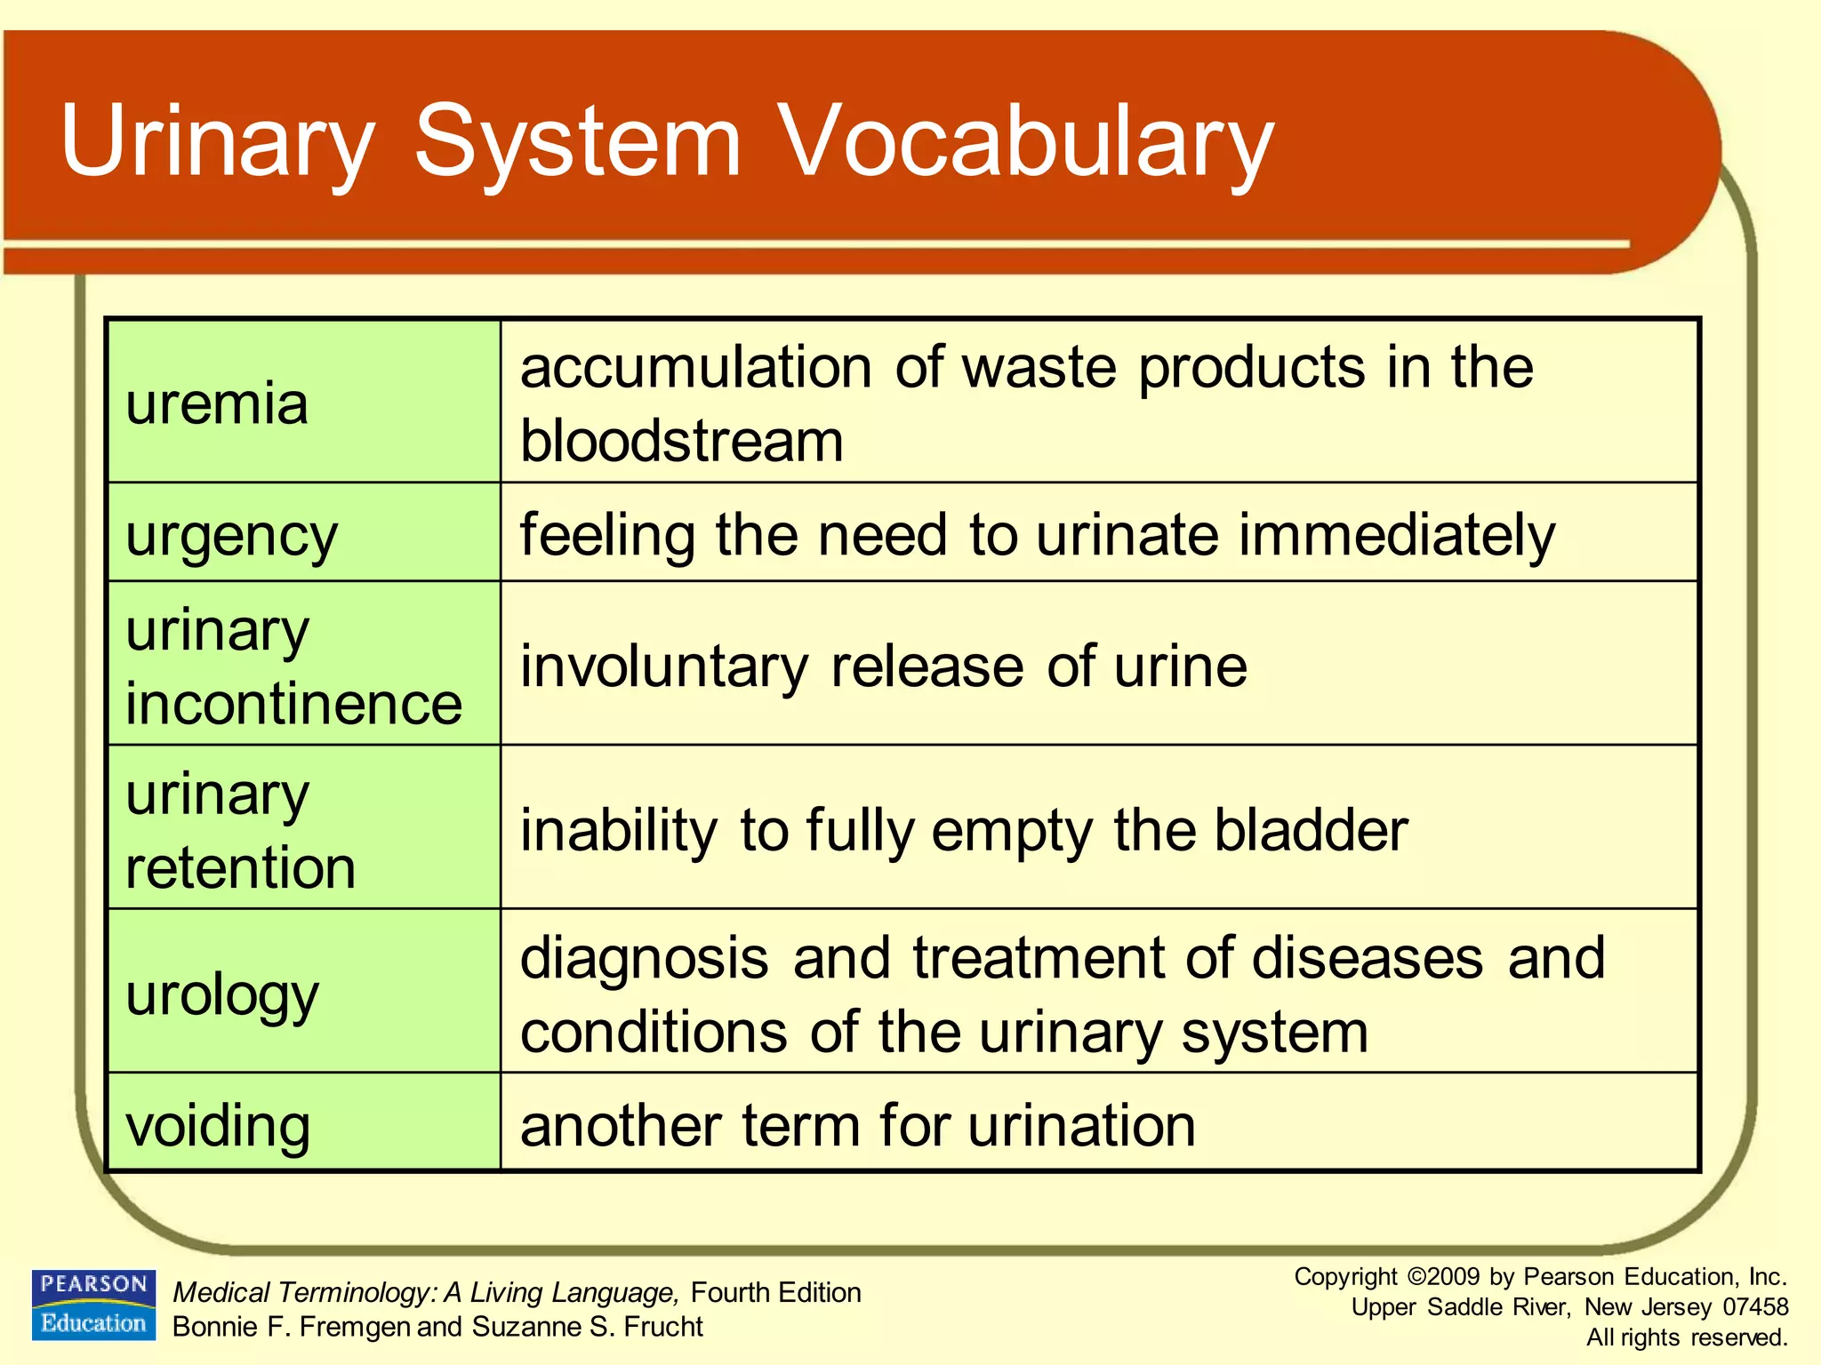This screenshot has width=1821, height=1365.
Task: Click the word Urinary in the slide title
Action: tap(217, 142)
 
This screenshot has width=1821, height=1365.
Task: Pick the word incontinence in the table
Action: tap(293, 704)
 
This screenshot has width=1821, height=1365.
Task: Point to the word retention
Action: tap(240, 868)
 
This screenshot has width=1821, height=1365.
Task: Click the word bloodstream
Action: tap(681, 441)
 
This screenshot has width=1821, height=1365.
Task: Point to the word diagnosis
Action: tap(644, 958)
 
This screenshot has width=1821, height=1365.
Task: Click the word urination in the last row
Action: tap(1081, 1126)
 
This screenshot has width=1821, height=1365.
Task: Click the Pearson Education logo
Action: tap(94, 1305)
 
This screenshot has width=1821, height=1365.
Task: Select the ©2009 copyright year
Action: tap(1444, 1277)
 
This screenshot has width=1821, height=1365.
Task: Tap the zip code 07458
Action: tap(1755, 1307)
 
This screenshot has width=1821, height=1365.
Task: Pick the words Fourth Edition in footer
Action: tap(775, 1292)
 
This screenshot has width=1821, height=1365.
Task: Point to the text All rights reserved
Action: tap(1687, 1337)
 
